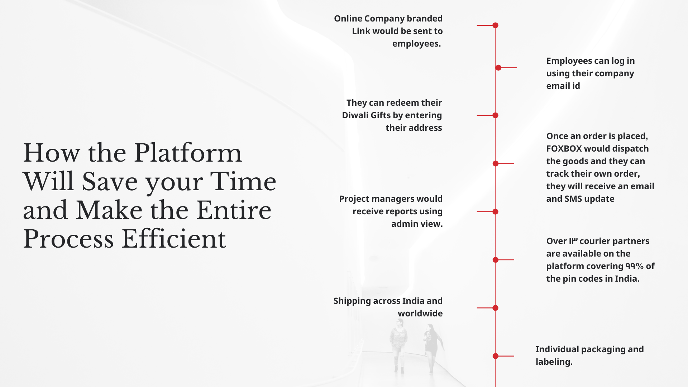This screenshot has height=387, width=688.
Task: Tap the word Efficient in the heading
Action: pyautogui.click(x=174, y=239)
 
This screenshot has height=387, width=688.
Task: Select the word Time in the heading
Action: pyautogui.click(x=243, y=181)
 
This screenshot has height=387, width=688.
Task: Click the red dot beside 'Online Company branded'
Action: pyautogui.click(x=495, y=25)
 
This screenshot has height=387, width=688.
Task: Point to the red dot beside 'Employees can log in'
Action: pyautogui.click(x=498, y=68)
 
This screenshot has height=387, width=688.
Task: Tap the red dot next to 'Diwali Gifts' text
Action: pyautogui.click(x=495, y=115)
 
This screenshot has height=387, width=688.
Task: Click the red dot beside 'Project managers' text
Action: pyautogui.click(x=495, y=212)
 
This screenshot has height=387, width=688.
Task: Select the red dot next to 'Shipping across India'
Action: pyautogui.click(x=495, y=308)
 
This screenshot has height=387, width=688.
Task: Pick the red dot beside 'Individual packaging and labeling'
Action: pyautogui.click(x=496, y=356)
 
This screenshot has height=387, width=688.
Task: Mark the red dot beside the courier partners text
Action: pyautogui.click(x=496, y=260)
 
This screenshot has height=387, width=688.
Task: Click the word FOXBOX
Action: pyautogui.click(x=564, y=149)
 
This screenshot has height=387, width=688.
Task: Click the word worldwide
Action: pyautogui.click(x=420, y=314)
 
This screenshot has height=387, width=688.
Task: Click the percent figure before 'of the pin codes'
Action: pyautogui.click(x=635, y=266)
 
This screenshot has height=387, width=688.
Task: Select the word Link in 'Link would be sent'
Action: pyautogui.click(x=361, y=31)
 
